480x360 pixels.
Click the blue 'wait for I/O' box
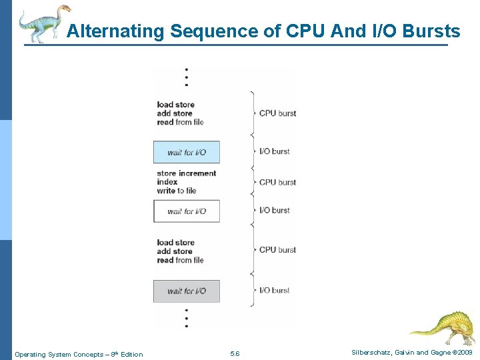(187, 152)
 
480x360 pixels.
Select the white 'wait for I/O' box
(187, 211)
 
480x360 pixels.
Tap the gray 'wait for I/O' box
(187, 291)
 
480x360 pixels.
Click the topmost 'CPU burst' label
(277, 113)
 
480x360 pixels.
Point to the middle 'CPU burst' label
(277, 182)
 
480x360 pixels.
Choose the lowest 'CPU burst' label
(277, 250)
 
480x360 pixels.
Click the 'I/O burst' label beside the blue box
(274, 151)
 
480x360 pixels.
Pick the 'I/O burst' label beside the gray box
(274, 290)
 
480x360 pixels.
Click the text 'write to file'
(177, 191)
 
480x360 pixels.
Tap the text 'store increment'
(187, 173)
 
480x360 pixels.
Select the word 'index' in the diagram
(167, 182)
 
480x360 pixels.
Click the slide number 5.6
(235, 354)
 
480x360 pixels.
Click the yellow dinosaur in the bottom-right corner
(443, 327)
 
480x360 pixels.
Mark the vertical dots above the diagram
(187, 77)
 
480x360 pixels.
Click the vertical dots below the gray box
(187, 317)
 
